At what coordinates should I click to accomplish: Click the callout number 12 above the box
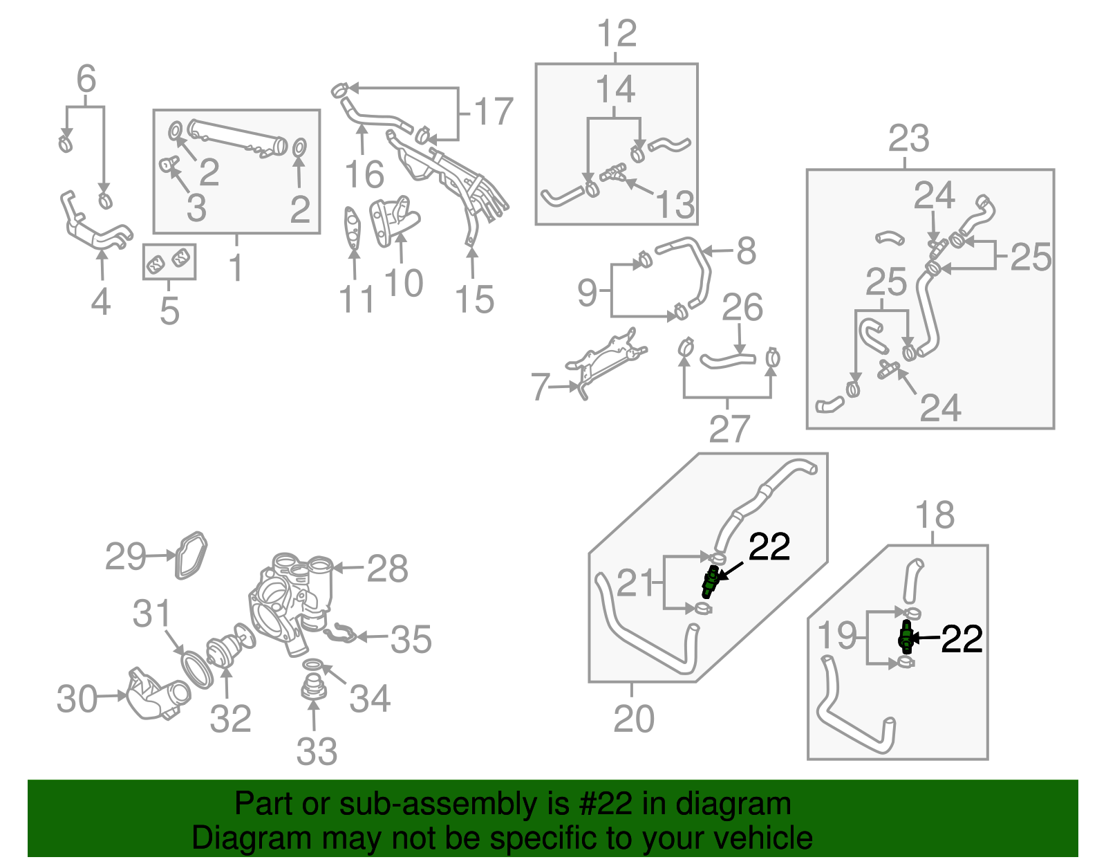pos(617,33)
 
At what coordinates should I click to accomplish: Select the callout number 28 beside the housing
pos(387,569)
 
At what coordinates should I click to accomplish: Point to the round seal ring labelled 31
pos(197,668)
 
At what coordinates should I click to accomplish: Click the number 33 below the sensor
pos(317,751)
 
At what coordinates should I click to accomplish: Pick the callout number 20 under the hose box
pos(633,719)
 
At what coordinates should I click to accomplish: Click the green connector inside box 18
pos(906,637)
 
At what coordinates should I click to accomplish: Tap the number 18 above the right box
pos(935,515)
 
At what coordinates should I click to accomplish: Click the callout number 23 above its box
pos(908,138)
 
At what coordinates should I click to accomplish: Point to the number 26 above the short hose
pos(742,308)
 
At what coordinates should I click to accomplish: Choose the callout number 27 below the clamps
pos(729,429)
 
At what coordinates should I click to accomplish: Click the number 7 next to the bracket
pos(540,387)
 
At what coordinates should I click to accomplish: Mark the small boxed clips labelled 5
pos(169,261)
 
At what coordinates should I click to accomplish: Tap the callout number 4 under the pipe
pos(101,302)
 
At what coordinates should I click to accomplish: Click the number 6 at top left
pos(86,79)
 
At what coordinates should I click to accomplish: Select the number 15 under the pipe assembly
pos(474,300)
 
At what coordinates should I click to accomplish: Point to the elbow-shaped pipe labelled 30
pos(156,695)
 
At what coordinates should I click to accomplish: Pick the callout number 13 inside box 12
pos(675,205)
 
